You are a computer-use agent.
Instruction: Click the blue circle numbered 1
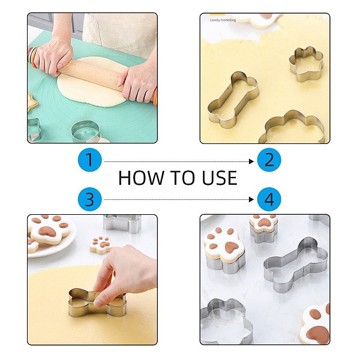[x=90, y=160]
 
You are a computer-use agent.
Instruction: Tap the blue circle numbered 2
[x=269, y=160]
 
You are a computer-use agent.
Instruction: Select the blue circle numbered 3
[x=90, y=199]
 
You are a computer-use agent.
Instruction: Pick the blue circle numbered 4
[x=269, y=199]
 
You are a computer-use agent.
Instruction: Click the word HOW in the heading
[x=140, y=178]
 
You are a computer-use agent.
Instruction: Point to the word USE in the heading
[x=220, y=178]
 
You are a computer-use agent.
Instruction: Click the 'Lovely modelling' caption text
[x=223, y=20]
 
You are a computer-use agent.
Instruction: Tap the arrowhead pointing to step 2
[x=251, y=161]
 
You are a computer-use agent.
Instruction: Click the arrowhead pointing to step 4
[x=251, y=199]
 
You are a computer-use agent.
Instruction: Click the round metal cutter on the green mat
[x=85, y=131]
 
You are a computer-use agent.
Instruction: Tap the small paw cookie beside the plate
[x=101, y=245]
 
